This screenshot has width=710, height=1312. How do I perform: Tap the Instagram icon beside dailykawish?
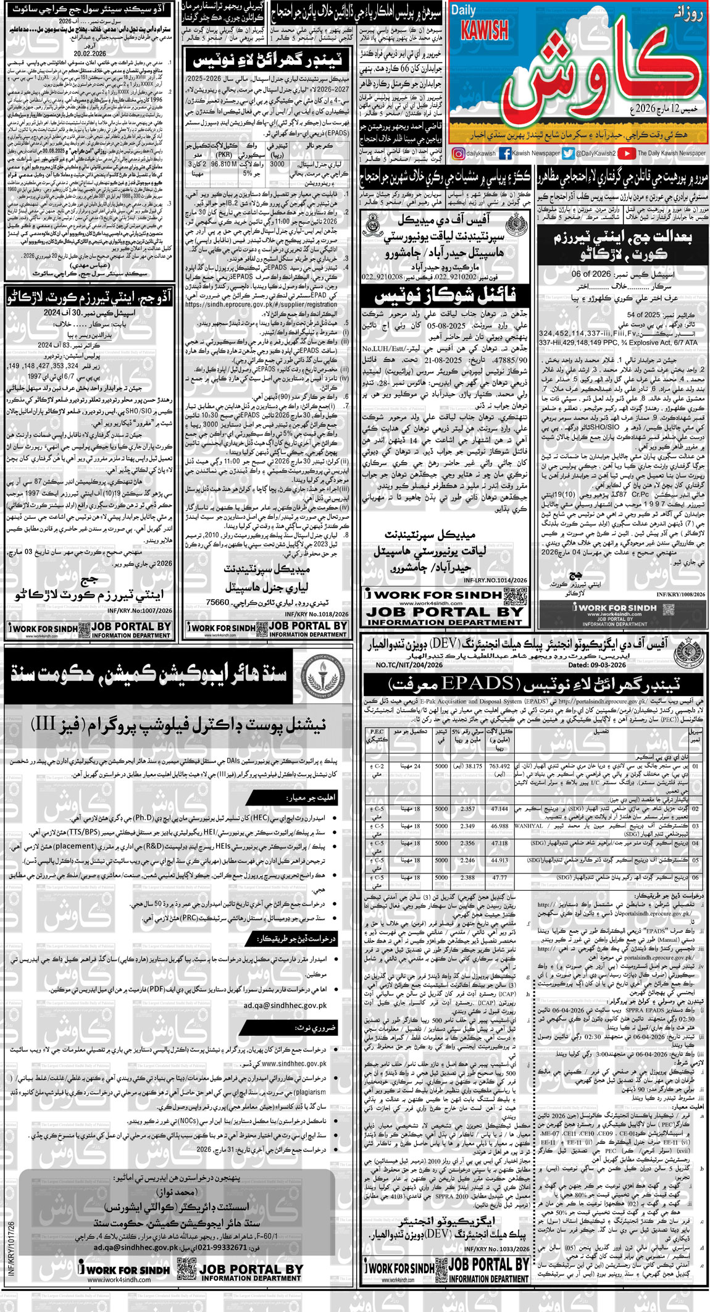(458, 154)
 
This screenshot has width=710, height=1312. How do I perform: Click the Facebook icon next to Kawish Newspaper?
(504, 154)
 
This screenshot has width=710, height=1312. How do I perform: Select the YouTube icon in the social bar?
(626, 154)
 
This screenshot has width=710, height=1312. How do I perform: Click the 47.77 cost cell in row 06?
(499, 877)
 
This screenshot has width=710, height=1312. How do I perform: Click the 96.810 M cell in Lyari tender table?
(224, 165)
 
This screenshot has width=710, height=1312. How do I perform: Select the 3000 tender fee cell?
(277, 165)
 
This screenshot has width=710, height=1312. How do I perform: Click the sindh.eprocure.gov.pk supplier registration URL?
(261, 305)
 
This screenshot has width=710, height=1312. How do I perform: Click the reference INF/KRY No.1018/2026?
(317, 615)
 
